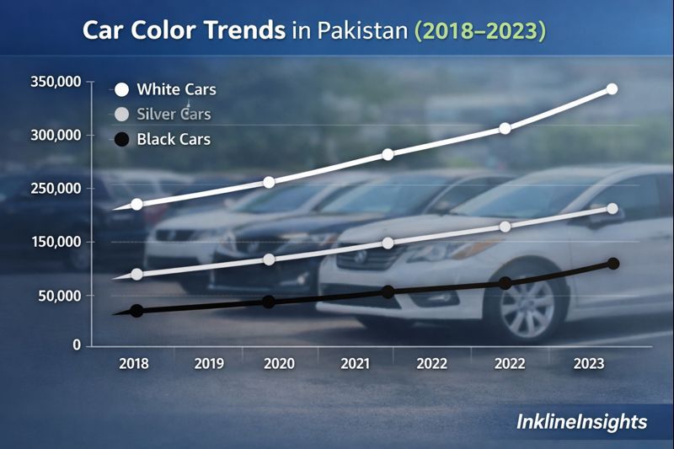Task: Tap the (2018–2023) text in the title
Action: click(x=479, y=31)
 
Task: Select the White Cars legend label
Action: click(x=176, y=89)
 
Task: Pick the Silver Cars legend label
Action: click(x=174, y=114)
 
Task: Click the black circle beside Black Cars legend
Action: click(x=121, y=139)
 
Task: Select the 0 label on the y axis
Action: click(x=75, y=345)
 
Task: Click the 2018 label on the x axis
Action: click(x=134, y=364)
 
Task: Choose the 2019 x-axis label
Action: click(x=209, y=364)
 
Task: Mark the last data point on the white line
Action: click(x=612, y=88)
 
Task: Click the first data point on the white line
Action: click(x=136, y=205)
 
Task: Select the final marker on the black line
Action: click(x=613, y=264)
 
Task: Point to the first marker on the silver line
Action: click(x=136, y=275)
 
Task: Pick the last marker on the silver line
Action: click(x=612, y=208)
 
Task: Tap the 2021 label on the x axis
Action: click(x=356, y=364)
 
